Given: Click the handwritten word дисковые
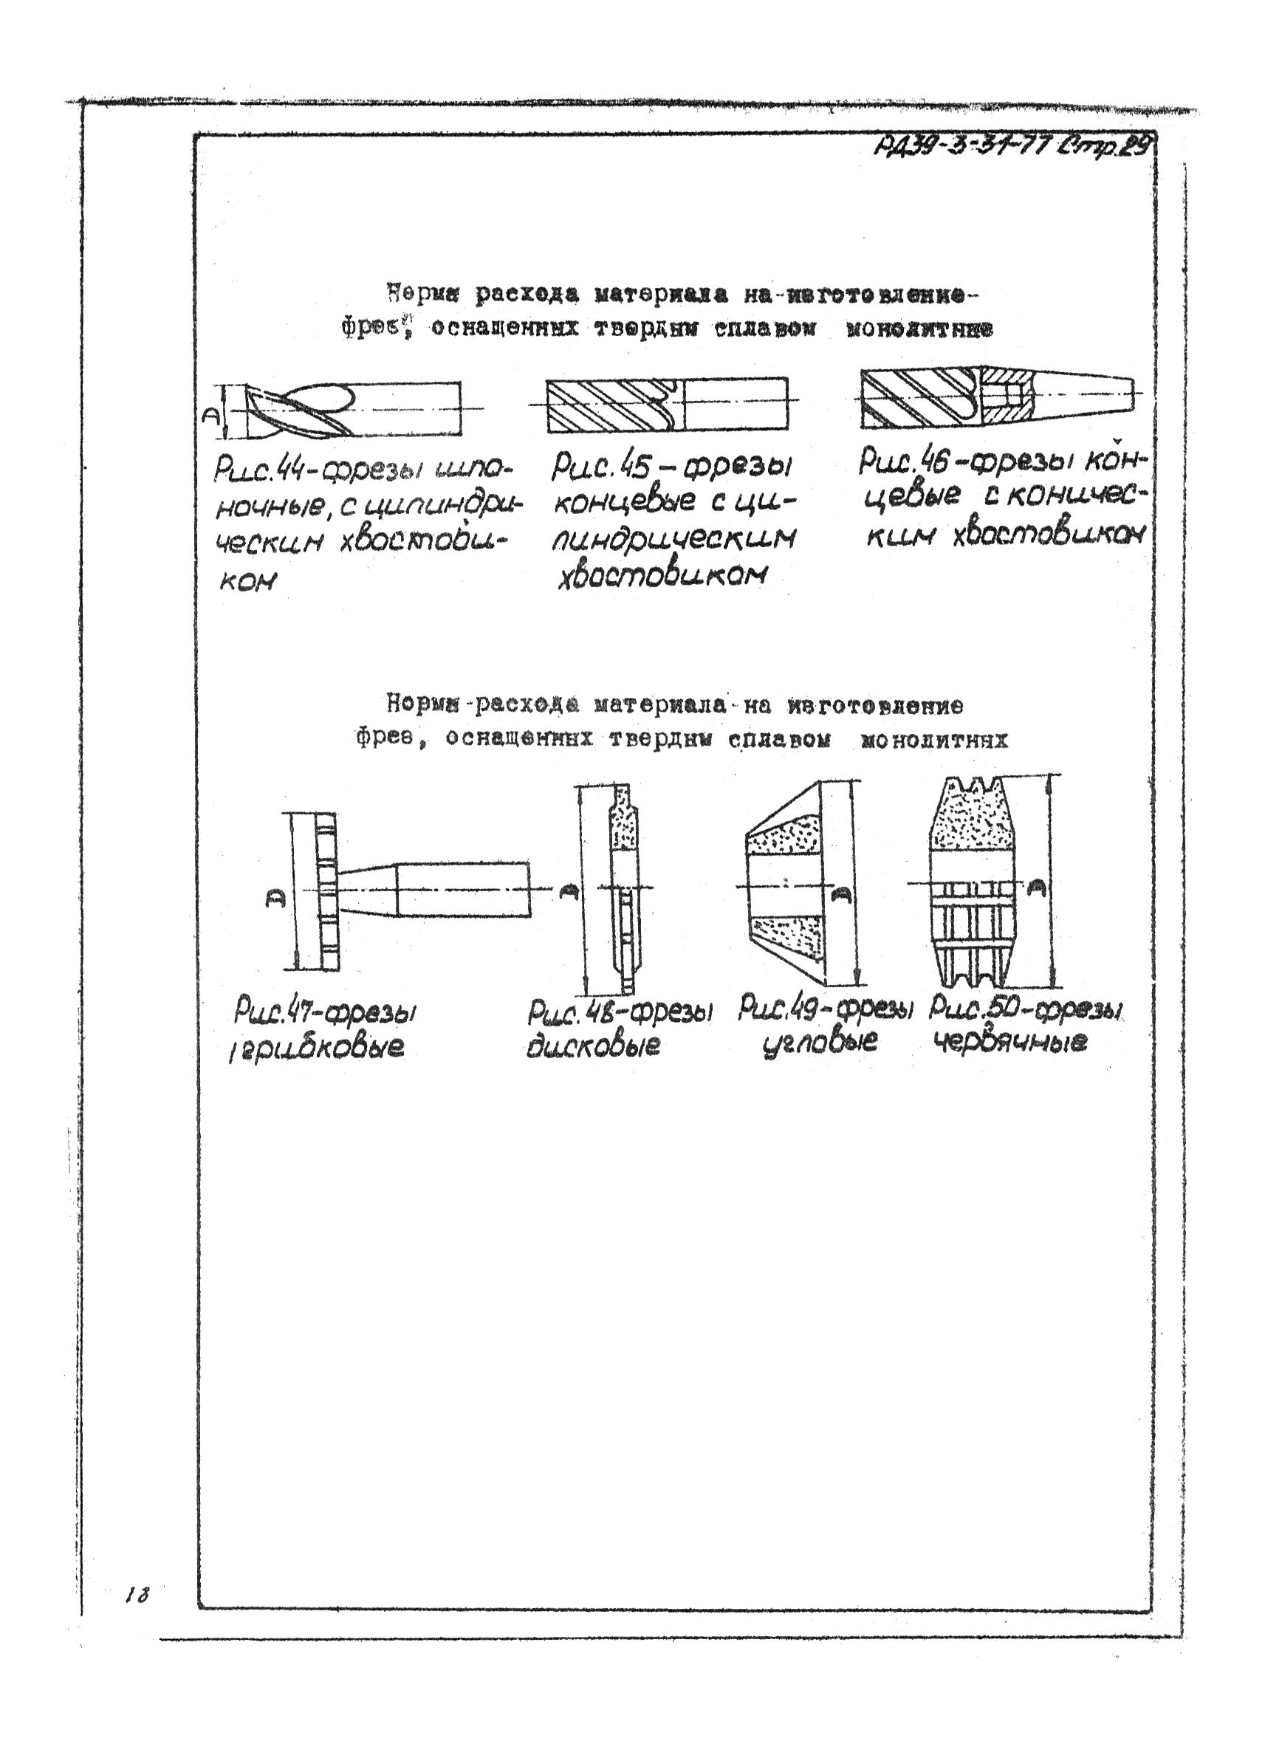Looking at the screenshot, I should point(593,1047).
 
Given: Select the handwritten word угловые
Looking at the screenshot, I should point(819,1043).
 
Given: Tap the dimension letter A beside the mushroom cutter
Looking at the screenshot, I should point(275,897).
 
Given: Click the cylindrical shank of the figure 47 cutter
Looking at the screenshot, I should point(463,890).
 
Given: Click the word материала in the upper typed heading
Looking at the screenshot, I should point(661,295).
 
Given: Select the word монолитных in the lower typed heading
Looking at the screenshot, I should point(933,741).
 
